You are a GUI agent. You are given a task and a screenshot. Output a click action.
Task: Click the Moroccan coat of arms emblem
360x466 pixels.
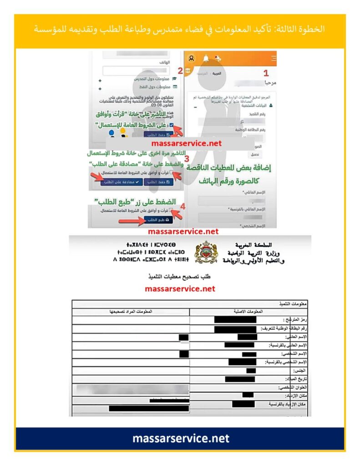[x=206, y=253]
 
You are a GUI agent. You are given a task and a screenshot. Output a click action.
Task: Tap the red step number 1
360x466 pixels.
[x=266, y=72]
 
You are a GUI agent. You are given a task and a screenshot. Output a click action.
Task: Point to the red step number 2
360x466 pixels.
[x=180, y=71]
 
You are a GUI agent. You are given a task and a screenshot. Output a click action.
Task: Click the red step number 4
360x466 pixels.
[x=183, y=206]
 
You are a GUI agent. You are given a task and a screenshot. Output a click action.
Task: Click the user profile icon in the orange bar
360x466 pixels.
[x=192, y=58]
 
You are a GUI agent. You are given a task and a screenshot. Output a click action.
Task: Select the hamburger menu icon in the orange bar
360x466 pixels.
[x=273, y=58]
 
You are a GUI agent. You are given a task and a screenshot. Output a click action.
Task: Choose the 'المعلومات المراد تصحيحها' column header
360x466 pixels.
[x=131, y=311]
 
